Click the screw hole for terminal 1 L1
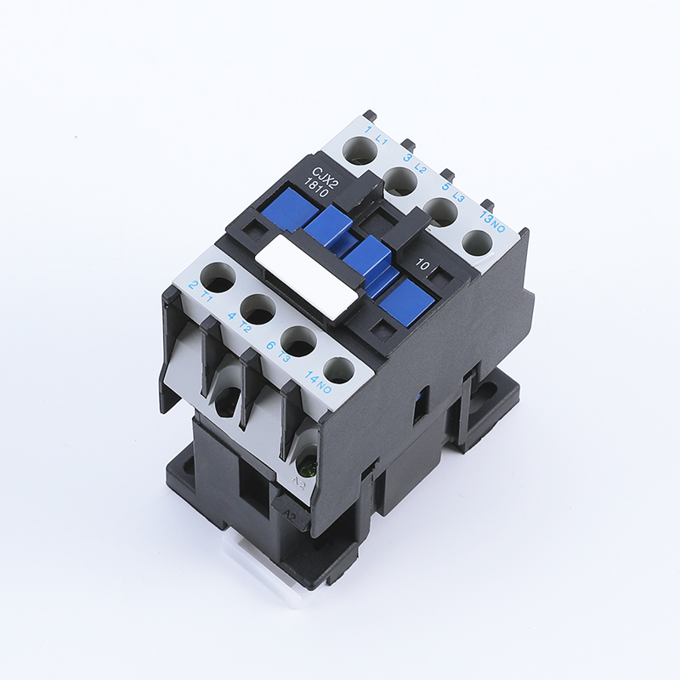pyautogui.click(x=357, y=152)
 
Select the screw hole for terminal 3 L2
pyautogui.click(x=398, y=181)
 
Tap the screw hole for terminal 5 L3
pyautogui.click(x=438, y=211)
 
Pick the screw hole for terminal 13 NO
pyautogui.click(x=477, y=243)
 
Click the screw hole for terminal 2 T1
pyautogui.click(x=220, y=280)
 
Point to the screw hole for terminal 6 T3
pyautogui.click(x=299, y=341)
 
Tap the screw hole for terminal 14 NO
pyautogui.click(x=338, y=370)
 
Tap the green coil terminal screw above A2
pyautogui.click(x=302, y=466)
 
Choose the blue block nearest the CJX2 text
pyautogui.click(x=289, y=208)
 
